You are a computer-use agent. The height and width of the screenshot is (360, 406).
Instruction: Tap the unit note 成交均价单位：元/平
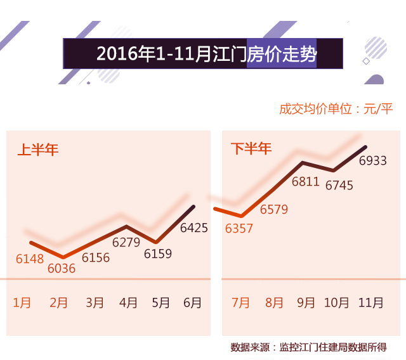(x=336, y=108)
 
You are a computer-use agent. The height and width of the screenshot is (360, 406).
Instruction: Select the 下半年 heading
(x=251, y=149)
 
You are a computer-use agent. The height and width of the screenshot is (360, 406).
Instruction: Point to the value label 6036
(x=62, y=268)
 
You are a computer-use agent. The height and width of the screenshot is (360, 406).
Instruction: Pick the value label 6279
(x=126, y=242)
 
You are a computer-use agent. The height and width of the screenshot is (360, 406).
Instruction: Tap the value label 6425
(x=194, y=228)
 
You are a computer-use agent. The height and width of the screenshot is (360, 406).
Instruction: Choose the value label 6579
(x=274, y=209)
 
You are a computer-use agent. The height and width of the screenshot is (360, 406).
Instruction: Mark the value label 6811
(x=305, y=182)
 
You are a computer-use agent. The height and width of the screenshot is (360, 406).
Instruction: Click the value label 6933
(x=373, y=161)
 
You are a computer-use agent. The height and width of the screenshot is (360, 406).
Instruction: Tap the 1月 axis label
(x=22, y=302)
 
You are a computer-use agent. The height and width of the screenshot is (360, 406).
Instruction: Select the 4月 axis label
(x=128, y=302)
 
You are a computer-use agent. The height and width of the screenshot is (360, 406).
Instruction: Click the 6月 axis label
(x=192, y=302)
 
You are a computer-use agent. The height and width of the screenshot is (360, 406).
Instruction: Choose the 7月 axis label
(x=241, y=302)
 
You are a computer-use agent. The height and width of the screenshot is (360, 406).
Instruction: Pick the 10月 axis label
(x=337, y=302)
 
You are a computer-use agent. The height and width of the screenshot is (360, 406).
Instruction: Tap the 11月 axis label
(x=371, y=302)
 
